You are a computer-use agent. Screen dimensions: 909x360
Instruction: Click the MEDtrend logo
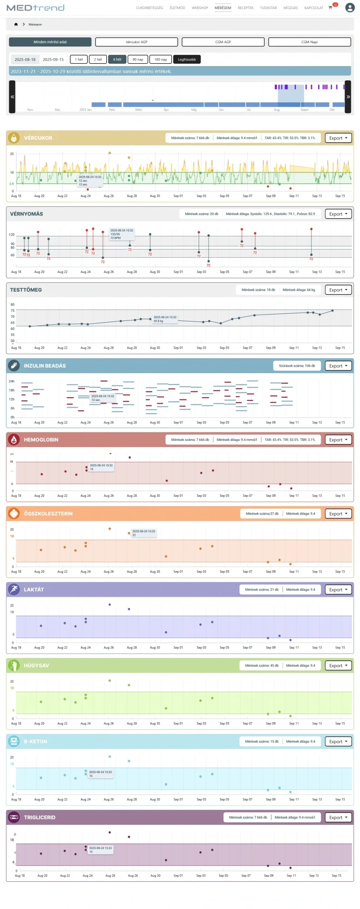point(35,8)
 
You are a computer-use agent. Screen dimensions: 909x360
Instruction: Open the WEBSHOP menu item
point(200,8)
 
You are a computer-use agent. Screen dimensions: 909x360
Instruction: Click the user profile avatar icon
point(350,8)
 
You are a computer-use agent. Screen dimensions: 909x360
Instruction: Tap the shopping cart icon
point(330,8)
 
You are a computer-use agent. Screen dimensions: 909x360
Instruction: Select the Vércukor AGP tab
point(136,42)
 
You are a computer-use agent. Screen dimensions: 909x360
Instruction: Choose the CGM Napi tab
point(310,42)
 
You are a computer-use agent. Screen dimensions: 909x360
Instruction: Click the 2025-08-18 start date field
point(25,60)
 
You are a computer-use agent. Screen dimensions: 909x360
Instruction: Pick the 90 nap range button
point(138,60)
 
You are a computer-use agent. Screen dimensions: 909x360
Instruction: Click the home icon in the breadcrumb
point(16,25)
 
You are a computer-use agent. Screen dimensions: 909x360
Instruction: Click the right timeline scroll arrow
point(348,97)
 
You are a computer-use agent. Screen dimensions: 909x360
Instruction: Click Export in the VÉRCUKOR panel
point(338,138)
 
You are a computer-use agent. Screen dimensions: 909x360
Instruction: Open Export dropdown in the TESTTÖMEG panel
point(338,290)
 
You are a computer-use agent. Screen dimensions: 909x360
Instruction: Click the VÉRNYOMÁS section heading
point(27,214)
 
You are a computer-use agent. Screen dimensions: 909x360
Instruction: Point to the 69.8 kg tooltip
point(165,319)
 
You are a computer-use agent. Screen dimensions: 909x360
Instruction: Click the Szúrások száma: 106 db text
point(297,366)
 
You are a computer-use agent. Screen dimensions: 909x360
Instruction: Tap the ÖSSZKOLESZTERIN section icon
point(14,514)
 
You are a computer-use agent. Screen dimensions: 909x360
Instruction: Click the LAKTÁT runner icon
point(14,589)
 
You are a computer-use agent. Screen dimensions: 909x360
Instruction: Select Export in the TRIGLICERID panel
point(338,817)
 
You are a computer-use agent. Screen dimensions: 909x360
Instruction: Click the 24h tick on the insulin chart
point(12,381)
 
